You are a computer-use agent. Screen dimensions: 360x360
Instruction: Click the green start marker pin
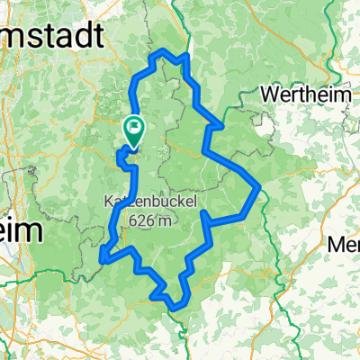coord(134,130)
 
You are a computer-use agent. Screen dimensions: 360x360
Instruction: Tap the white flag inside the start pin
coord(134,127)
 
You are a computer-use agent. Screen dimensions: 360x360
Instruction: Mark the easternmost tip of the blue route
coord(260,186)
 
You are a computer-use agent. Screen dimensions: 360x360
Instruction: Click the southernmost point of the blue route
coord(175,310)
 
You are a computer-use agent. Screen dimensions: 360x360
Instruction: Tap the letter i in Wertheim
coord(318,94)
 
